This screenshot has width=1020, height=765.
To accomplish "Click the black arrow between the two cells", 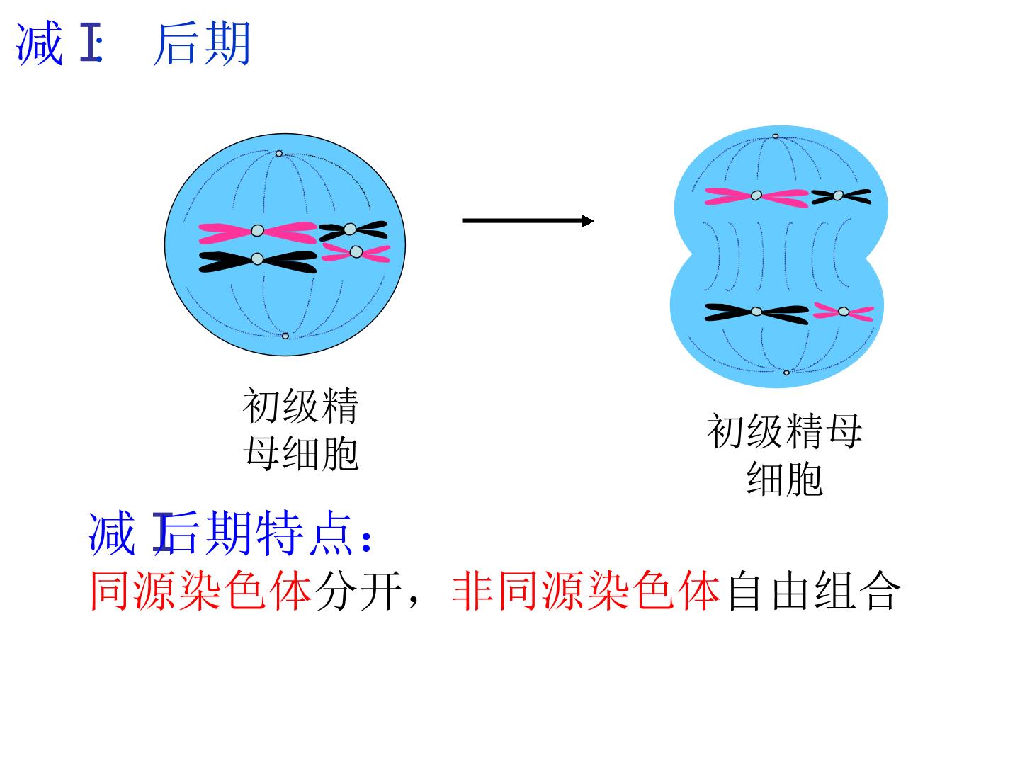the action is (528, 220).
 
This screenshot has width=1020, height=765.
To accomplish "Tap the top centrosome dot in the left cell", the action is (279, 153).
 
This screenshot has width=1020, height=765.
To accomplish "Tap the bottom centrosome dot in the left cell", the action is (285, 336).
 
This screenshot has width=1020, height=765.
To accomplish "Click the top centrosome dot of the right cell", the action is (775, 136).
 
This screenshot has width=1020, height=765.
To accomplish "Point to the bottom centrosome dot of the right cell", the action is (786, 373).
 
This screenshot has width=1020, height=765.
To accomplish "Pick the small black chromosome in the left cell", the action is (353, 230).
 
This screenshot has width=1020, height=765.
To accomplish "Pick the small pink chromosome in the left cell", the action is (356, 252).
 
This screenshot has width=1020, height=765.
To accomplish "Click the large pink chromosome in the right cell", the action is (756, 196).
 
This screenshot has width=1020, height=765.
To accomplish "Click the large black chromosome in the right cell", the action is (756, 312).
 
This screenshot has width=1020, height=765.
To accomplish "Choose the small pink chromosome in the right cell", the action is (844, 312).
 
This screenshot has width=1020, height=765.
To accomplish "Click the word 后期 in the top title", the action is (203, 43).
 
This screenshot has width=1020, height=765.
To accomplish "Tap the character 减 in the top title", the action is (39, 43).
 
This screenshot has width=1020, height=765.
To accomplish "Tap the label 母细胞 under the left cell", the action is (301, 453).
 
